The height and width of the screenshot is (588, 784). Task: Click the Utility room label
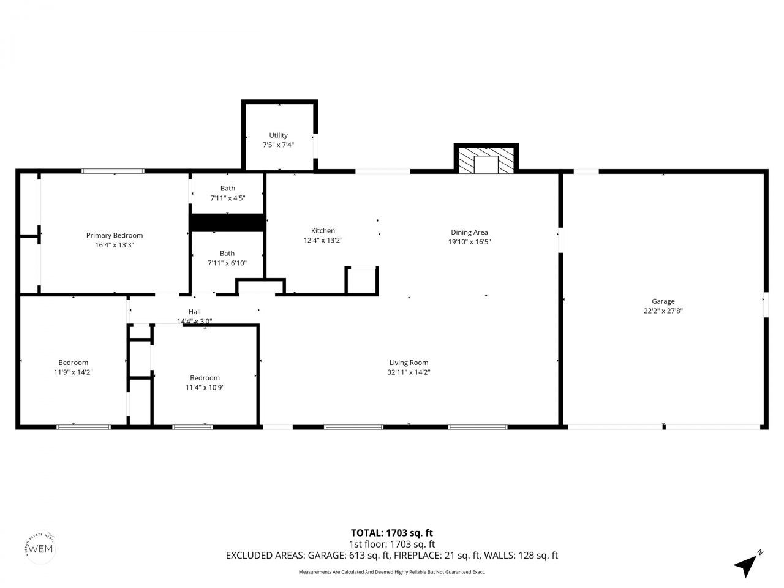click(x=278, y=135)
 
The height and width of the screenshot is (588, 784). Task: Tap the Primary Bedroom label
click(x=115, y=235)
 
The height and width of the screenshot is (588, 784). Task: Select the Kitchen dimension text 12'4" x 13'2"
click(x=323, y=241)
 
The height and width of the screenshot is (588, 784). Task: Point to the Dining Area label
click(x=469, y=232)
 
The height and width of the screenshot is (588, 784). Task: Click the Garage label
click(x=663, y=301)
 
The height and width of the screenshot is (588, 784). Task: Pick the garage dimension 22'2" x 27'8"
click(x=663, y=311)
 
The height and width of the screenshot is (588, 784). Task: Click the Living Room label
click(x=409, y=363)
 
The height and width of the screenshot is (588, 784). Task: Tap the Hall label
click(x=194, y=312)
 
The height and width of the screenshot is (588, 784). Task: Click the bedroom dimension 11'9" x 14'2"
click(x=73, y=372)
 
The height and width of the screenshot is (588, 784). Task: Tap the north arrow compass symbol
click(x=746, y=565)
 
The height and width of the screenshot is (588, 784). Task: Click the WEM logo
click(x=42, y=548)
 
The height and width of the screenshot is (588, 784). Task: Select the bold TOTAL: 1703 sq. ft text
click(x=391, y=533)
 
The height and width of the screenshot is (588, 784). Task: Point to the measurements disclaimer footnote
click(x=391, y=572)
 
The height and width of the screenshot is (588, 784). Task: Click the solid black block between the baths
click(x=227, y=222)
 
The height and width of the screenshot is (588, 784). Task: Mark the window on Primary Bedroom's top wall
click(x=113, y=171)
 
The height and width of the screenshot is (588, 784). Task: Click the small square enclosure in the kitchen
click(x=362, y=281)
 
